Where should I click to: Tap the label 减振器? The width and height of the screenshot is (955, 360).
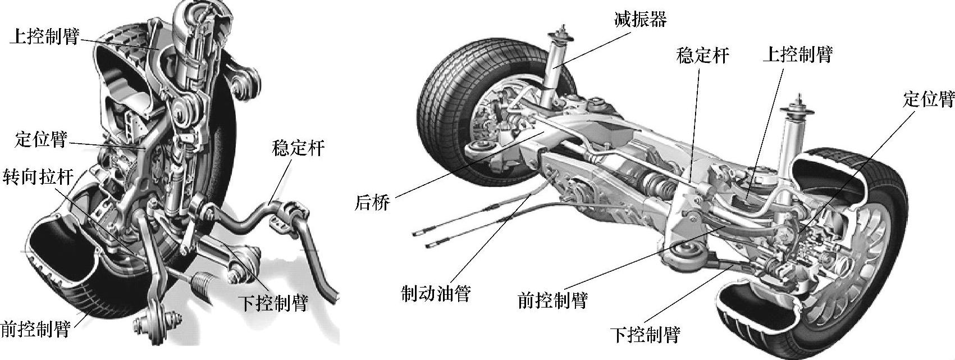(x=639, y=20)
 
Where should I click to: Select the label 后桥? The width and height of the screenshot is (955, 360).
(x=372, y=202)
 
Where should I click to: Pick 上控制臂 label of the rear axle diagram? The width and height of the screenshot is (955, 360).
(x=797, y=54)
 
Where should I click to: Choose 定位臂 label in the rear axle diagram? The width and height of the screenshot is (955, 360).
(x=928, y=100)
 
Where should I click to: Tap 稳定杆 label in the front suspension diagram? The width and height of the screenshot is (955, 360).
(x=298, y=148)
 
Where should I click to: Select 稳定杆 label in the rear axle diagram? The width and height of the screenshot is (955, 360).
(x=703, y=55)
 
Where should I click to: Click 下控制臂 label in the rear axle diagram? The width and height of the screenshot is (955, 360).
(x=645, y=335)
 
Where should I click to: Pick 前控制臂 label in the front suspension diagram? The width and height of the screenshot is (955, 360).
(x=35, y=329)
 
